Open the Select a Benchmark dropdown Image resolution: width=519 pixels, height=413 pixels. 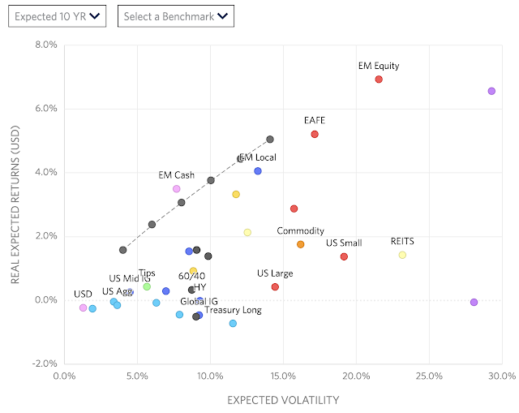coord(174,15)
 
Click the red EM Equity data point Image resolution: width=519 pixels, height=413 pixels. coord(379,80)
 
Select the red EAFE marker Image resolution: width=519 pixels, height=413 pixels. coord(315,134)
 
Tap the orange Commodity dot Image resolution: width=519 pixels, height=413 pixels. coord(300,244)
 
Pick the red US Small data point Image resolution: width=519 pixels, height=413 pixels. coord(344,256)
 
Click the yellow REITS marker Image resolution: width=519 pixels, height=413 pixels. coord(402,255)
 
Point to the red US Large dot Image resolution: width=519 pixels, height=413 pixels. coord(275,286)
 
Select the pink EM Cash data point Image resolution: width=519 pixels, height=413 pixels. coord(176,189)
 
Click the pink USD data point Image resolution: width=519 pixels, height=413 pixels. coord(83,308)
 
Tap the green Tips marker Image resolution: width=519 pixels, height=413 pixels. coord(147,286)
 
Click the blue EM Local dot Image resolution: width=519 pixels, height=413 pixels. coord(258,171)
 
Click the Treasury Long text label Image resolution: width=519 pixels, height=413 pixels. coord(233,310)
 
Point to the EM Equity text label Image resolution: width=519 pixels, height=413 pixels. coord(379,67)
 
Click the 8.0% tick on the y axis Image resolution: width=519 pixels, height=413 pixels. coord(45,45)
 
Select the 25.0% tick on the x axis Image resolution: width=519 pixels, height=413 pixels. coord(429,376)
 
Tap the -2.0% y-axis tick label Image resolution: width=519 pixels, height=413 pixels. coord(44,364)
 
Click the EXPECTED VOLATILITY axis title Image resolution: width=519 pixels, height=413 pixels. coord(283,399)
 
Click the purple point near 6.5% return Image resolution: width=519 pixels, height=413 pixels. coord(491,91)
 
